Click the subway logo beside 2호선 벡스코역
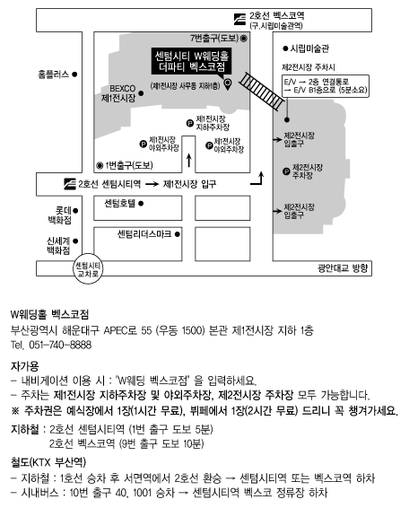(239, 19)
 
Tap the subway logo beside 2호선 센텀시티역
(70, 184)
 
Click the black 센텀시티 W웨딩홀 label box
(191, 61)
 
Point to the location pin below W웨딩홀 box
(228, 83)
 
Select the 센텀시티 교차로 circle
(88, 268)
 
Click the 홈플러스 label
(54, 74)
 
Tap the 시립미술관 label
(309, 48)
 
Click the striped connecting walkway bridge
(261, 91)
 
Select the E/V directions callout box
(326, 86)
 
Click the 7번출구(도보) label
(214, 39)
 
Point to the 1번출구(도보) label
(129, 165)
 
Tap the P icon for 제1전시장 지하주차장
(190, 123)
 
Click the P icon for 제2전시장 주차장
(286, 171)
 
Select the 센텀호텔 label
(119, 203)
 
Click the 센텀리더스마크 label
(144, 234)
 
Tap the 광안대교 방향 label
(343, 267)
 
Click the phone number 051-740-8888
(60, 345)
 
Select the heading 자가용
(25, 365)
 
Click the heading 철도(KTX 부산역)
(48, 461)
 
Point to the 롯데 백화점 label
(60, 215)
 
